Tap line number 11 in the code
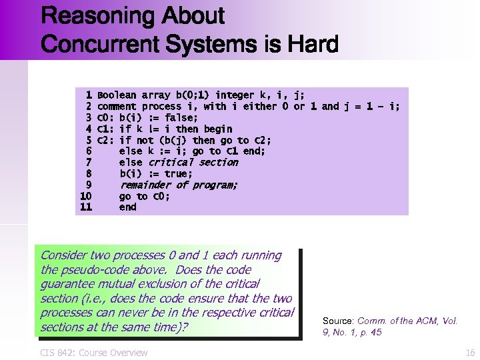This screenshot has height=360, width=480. pos(85,207)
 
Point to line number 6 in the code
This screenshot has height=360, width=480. pos(88,151)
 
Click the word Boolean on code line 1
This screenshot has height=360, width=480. pos(117,95)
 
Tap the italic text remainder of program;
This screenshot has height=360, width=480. pos(179,185)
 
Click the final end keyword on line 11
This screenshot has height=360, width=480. pos(127,207)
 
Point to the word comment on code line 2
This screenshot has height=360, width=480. pos(117,107)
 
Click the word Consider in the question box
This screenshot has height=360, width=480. pos(65,255)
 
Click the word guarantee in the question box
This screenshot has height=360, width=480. pos(67,284)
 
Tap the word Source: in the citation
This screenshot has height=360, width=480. pos(338,321)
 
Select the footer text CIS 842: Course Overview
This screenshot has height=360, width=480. pos(94,353)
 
